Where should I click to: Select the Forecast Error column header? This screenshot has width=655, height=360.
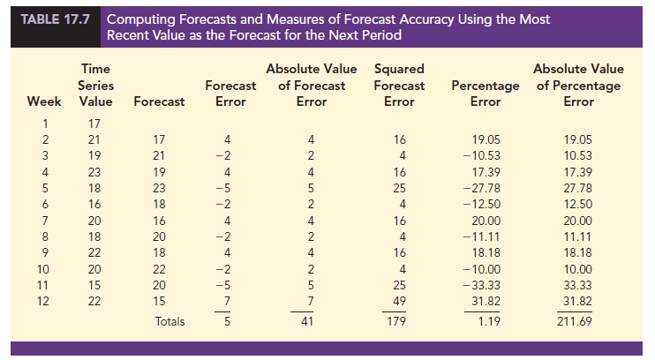[x=230, y=94]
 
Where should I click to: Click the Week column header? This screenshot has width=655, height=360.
[x=44, y=101]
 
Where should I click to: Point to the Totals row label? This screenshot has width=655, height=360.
[x=169, y=322]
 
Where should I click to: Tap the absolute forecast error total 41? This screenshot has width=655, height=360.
[x=309, y=322]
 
